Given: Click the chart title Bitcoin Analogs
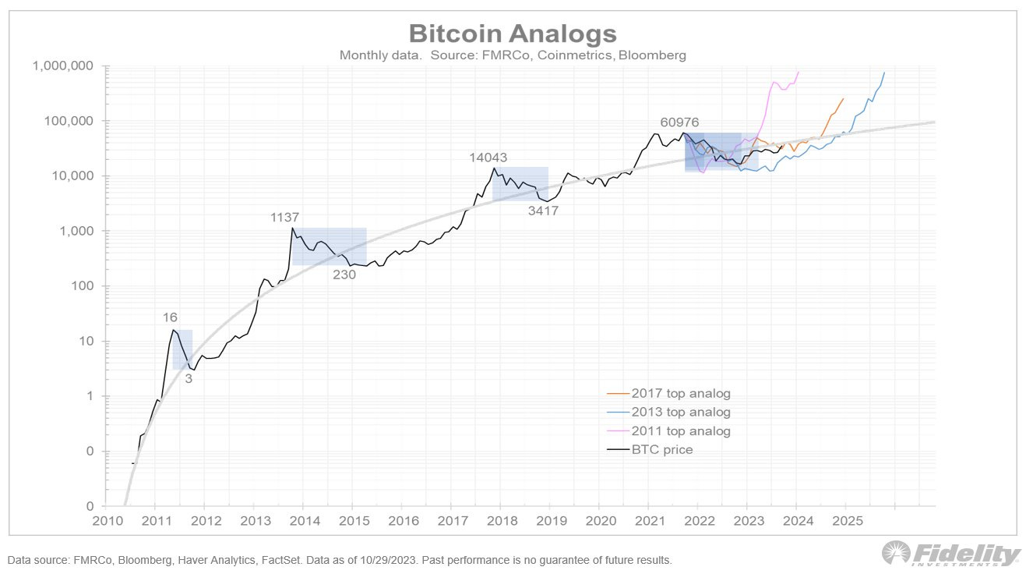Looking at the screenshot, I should click(513, 34).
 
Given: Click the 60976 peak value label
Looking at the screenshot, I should click(680, 122).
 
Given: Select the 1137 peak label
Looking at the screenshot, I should click(284, 218).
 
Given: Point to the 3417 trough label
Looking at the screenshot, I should click(542, 211).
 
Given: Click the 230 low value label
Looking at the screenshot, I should click(344, 275).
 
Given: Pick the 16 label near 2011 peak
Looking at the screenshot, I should click(171, 317).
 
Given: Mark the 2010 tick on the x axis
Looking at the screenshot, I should click(105, 520).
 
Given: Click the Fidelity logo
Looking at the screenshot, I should click(951, 555).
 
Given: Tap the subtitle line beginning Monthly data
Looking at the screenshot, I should click(513, 55).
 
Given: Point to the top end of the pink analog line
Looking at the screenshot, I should click(799, 72).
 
